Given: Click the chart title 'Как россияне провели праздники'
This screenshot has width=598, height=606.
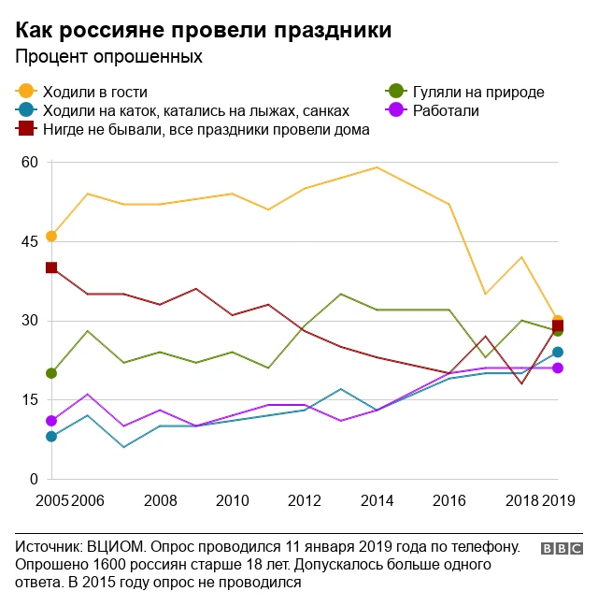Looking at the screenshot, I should point(204,29).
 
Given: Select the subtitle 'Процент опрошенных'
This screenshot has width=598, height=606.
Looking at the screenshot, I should point(108,57).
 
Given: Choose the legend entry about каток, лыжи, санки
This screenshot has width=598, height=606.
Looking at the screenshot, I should point(196,110).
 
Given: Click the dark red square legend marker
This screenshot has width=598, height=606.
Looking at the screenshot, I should point(26,129).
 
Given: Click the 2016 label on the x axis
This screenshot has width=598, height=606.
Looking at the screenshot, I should point(449,500).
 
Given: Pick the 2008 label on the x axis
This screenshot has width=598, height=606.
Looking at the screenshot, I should point(160,500).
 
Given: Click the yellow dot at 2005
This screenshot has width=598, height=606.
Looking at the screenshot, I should point(51,236).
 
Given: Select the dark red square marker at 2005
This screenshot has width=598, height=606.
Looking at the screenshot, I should point(51,267).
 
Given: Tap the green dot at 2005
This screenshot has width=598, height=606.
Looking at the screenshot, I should point(51,373).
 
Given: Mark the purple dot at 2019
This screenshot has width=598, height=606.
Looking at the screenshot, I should point(558,368).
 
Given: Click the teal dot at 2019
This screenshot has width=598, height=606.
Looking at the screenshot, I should point(558,352).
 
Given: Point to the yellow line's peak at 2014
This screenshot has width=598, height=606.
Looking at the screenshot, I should point(377,167).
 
